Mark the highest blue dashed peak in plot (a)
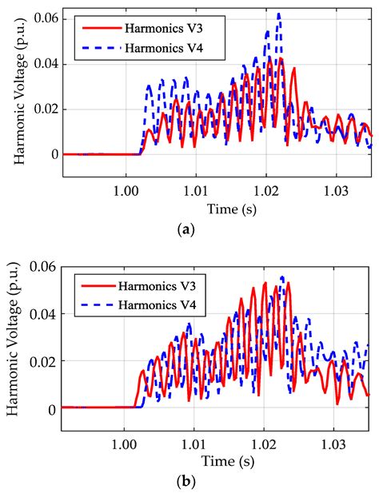(x=278, y=14)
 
